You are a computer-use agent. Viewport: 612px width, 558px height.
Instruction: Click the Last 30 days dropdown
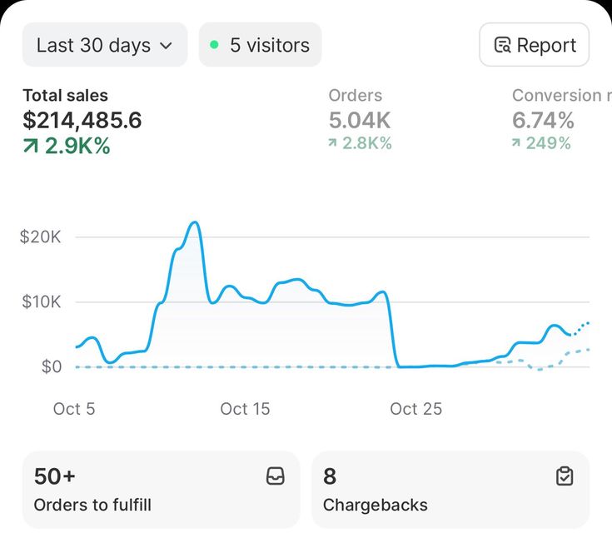104,45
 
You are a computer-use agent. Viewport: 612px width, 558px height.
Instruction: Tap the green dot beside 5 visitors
214,45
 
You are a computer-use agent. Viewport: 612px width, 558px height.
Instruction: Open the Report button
534,45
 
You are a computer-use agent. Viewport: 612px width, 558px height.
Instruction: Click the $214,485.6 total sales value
82,121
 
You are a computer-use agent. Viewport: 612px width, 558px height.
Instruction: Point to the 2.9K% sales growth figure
67,147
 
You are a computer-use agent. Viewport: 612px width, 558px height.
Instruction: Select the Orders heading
356,96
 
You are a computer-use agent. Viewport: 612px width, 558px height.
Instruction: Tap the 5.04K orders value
360,121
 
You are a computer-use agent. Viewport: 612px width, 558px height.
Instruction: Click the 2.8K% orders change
360,143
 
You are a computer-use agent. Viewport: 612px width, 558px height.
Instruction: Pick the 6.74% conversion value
543,121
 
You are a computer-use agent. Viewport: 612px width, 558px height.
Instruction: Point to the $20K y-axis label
41,237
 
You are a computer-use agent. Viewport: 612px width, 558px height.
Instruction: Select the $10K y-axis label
41,301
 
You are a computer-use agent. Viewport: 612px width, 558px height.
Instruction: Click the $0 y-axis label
51,366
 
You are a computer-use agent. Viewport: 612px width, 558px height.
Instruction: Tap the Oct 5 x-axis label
74,409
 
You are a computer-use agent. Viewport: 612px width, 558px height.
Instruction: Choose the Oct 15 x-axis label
245,409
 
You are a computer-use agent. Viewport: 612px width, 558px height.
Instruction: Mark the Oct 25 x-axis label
415,409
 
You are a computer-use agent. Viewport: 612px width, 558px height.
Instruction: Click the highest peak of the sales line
194,222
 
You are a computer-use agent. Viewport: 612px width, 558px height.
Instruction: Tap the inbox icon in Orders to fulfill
275,476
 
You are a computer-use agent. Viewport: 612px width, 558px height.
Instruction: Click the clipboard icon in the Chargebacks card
565,476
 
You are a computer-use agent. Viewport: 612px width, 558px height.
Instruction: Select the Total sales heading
65,96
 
